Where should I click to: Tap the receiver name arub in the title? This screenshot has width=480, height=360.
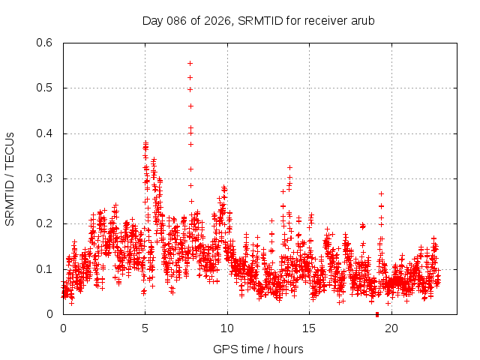click(361, 20)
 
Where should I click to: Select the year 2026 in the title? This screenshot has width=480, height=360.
click(217, 20)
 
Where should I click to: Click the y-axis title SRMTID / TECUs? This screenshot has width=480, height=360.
click(10, 178)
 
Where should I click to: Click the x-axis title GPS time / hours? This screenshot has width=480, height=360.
click(258, 349)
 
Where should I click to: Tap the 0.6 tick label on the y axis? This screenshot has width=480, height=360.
click(47, 43)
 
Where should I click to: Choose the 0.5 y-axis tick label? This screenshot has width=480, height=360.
click(47, 88)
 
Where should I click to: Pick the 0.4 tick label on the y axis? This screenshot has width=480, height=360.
click(47, 133)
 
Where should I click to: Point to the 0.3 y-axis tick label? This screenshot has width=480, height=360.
click(47, 178)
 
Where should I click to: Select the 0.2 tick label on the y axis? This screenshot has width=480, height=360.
click(47, 223)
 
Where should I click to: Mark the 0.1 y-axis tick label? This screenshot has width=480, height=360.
click(47, 269)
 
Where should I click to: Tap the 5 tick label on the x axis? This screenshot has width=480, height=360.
click(145, 328)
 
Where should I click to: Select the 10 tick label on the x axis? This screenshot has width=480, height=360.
click(227, 328)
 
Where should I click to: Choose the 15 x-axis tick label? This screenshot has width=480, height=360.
click(309, 328)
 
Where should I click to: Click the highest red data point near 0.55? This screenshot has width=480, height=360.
click(190, 63)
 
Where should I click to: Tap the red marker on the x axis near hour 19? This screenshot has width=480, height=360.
click(377, 314)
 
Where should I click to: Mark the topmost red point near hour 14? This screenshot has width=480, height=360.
click(289, 167)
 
